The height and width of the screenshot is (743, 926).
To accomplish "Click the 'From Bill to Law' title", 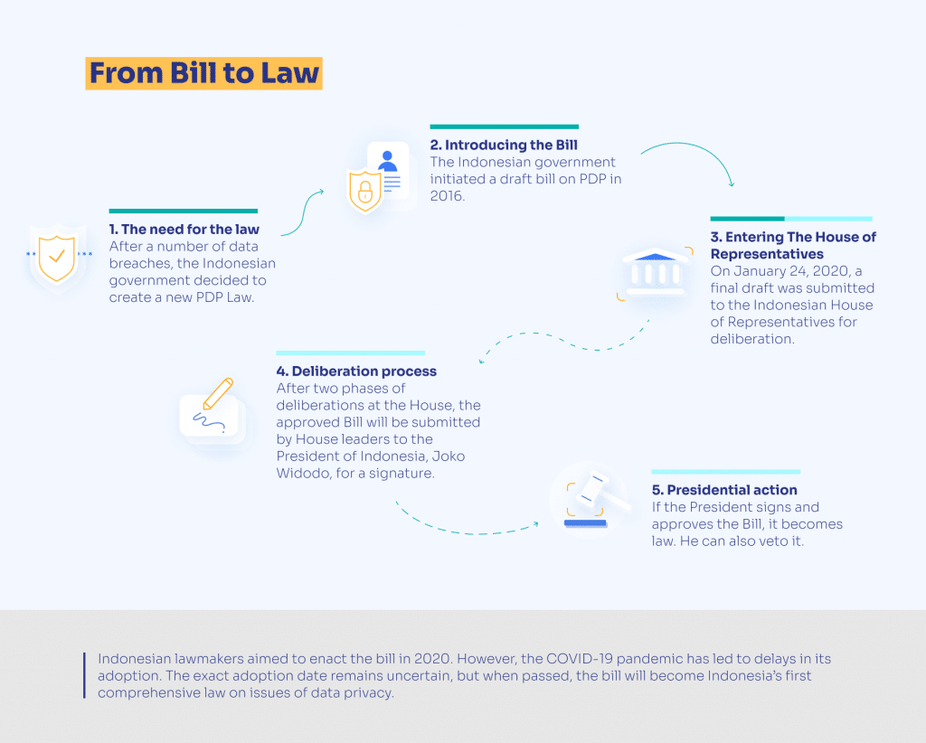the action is click(x=203, y=73).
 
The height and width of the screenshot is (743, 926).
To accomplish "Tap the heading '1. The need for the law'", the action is click(x=184, y=229).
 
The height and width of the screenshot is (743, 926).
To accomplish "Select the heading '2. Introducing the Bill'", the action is click(x=504, y=145).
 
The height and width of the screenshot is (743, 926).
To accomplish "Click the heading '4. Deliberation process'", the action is click(x=356, y=371).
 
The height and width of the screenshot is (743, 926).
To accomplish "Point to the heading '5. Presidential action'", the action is click(x=724, y=490).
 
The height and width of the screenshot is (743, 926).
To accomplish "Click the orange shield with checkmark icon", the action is click(x=57, y=258).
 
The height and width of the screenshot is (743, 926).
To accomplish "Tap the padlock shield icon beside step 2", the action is click(x=365, y=191).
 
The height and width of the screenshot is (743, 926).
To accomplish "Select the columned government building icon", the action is click(x=656, y=271).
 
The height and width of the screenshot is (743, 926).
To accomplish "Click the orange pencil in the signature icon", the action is click(x=218, y=393).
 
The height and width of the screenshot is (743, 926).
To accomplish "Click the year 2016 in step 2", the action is click(x=447, y=196).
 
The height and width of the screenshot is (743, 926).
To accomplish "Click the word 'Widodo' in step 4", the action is click(x=304, y=474).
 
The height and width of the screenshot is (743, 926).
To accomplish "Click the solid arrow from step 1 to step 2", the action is click(x=301, y=212).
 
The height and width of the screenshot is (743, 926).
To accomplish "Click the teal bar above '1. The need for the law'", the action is click(x=183, y=212).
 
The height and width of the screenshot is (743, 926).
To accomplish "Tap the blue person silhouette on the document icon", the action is click(x=387, y=161).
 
